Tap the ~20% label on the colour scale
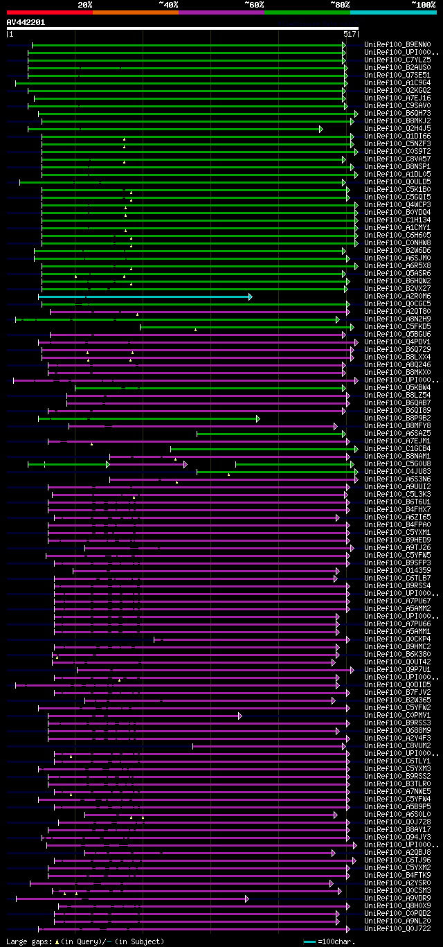click(84, 5)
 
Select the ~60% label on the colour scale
click(254, 5)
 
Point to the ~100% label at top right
click(423, 5)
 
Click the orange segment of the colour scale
click(135, 12)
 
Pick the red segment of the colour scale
click(49, 12)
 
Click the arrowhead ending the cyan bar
click(250, 297)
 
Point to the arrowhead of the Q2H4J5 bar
click(321, 129)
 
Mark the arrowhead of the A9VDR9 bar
click(246, 899)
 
